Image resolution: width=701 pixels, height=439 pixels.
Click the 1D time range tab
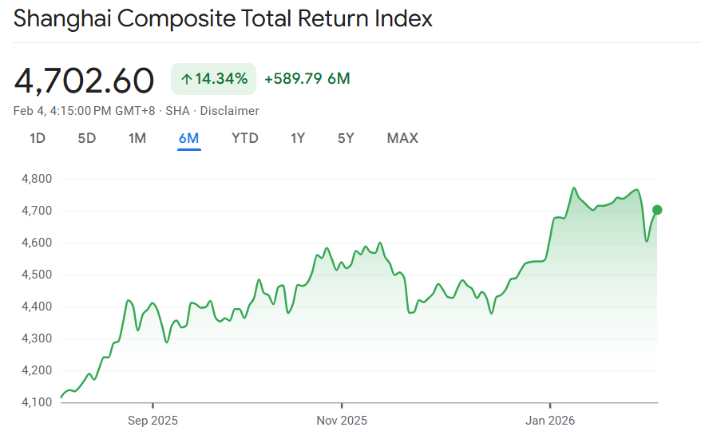[x=38, y=138]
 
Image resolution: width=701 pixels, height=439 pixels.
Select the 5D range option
[x=87, y=138]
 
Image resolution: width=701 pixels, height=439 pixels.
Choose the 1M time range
[x=137, y=138]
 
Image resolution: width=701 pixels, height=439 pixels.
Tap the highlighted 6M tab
[x=189, y=138]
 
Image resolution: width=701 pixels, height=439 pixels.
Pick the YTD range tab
[x=245, y=138]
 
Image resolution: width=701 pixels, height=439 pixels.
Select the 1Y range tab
[x=298, y=138]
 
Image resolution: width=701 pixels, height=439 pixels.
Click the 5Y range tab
[x=346, y=138]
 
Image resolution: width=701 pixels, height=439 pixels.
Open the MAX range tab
[x=402, y=138]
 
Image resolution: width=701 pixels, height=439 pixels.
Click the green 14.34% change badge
[x=213, y=79]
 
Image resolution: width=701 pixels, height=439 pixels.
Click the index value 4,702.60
[x=84, y=81]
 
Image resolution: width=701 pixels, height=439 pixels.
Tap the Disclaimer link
[x=229, y=111]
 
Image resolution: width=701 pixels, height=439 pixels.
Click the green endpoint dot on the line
[x=657, y=210]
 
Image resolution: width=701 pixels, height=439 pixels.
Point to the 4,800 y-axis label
[x=36, y=179]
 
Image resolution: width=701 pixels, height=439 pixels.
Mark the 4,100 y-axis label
[x=36, y=402]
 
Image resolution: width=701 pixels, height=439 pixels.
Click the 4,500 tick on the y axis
[x=36, y=275]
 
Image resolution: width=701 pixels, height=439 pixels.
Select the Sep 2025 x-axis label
[x=152, y=420]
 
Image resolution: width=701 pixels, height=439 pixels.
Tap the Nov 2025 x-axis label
[x=342, y=420]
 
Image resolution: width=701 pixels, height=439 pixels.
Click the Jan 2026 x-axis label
[x=550, y=420]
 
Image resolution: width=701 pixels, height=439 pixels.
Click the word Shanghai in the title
[x=61, y=19]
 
